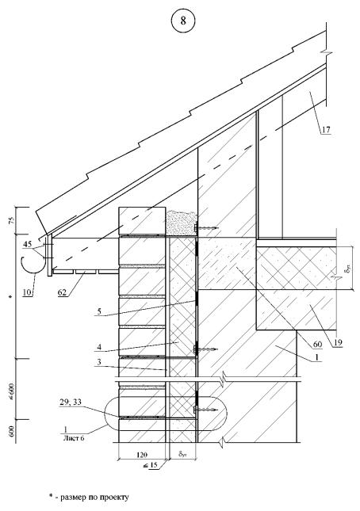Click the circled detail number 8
(183, 21)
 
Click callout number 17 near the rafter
(326, 130)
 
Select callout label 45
(28, 244)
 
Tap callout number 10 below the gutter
(28, 292)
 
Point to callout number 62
(62, 292)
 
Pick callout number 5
(99, 311)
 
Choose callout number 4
(99, 347)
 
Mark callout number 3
(99, 362)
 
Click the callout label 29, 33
(70, 403)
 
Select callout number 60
(317, 344)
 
